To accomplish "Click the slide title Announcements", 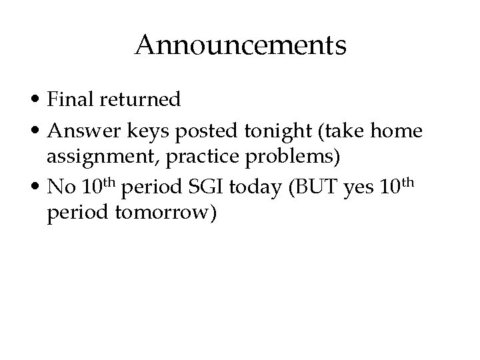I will pyautogui.click(x=240, y=46).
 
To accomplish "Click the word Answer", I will pyautogui.click(x=80, y=132).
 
